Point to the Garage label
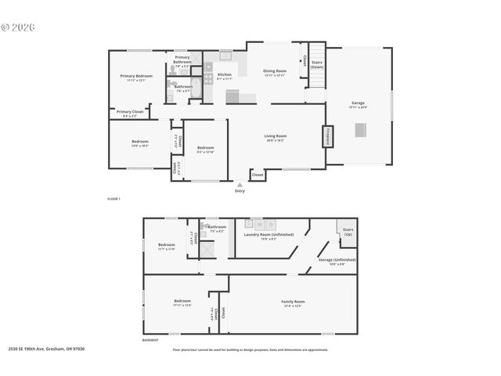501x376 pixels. (359, 104)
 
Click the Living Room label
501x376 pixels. (275, 137)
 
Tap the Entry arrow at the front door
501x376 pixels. (239, 186)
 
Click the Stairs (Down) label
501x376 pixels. (316, 63)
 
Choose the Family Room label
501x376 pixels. (293, 303)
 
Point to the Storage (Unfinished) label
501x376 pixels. (337, 260)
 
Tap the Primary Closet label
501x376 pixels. (130, 112)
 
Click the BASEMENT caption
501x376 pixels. (150, 340)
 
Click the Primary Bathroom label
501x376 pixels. (182, 59)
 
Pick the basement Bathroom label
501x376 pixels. (216, 228)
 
